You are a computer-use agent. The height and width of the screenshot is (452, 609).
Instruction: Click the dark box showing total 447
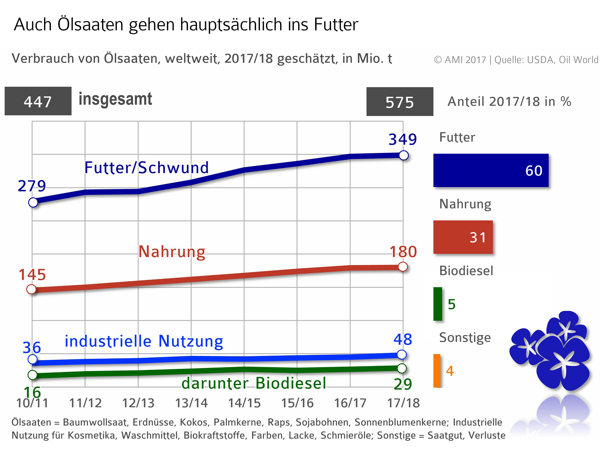[38, 101]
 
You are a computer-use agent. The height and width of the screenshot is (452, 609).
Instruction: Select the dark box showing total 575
[400, 102]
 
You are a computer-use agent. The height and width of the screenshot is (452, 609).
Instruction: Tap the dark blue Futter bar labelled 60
[491, 170]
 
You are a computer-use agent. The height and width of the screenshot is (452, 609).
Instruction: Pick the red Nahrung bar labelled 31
[463, 237]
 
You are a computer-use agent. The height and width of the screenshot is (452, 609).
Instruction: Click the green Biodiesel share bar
[438, 304]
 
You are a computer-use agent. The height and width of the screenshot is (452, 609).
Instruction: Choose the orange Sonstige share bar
[437, 371]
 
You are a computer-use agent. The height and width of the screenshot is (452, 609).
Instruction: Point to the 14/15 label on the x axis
[244, 403]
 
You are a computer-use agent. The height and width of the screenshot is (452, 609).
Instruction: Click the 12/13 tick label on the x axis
[138, 403]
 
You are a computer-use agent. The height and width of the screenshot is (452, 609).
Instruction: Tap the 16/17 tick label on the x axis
[350, 403]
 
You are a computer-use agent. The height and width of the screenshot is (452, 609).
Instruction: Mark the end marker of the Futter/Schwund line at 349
[404, 155]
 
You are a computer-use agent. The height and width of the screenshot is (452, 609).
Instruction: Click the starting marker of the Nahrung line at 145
[31, 289]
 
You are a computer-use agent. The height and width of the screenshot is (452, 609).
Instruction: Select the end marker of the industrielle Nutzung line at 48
[402, 354]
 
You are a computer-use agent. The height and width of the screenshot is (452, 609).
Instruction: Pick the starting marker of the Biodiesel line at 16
[32, 375]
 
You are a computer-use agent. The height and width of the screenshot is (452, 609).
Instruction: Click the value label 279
[32, 186]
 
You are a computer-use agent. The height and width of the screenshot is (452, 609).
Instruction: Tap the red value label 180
[403, 252]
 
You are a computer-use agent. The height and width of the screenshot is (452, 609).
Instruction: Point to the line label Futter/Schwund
[147, 167]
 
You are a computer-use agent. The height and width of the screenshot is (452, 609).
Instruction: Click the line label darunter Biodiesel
[254, 383]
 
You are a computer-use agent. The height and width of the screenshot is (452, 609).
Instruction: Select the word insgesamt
[115, 99]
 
